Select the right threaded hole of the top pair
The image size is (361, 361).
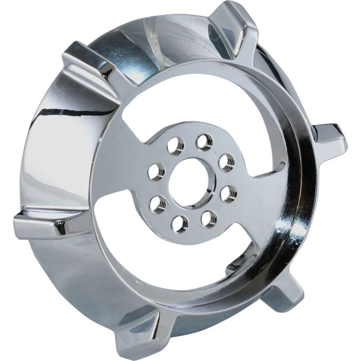(205, 141)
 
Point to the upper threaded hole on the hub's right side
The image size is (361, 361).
(225, 161)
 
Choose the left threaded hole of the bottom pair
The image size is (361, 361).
(178, 222)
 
